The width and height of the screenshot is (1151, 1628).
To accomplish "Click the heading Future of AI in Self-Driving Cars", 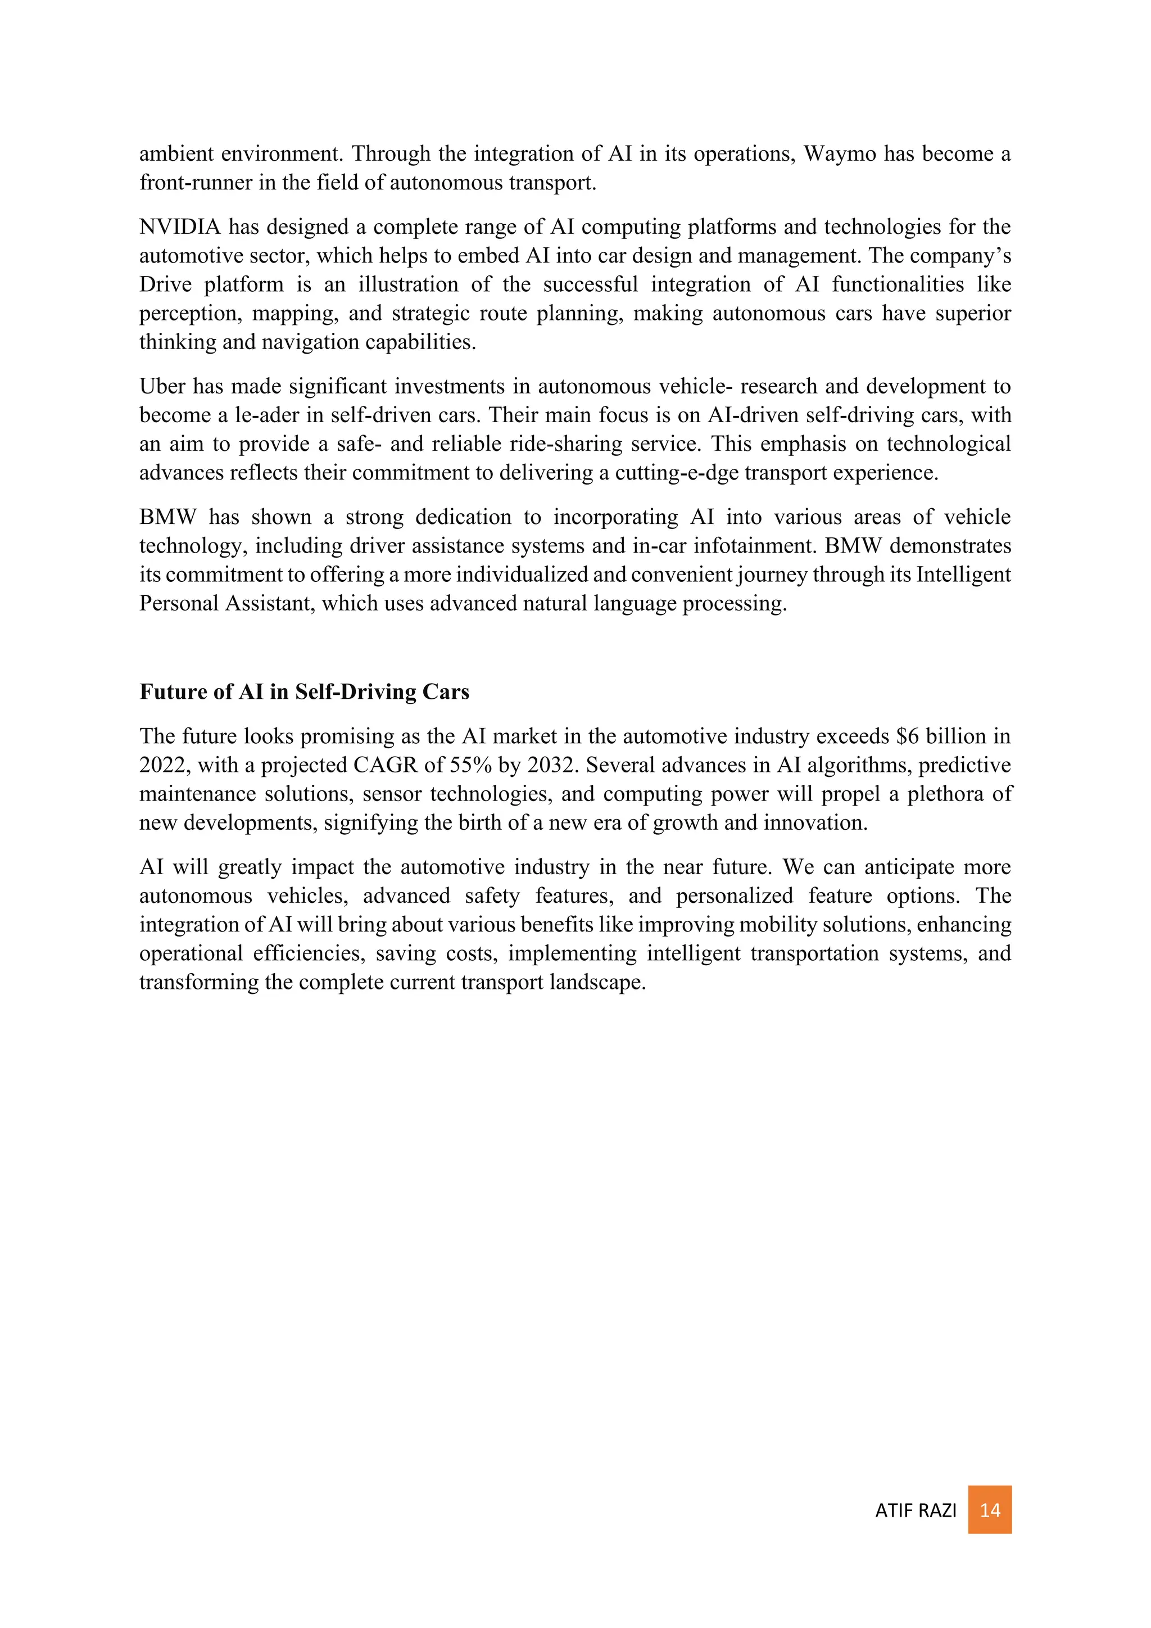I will coord(304,691).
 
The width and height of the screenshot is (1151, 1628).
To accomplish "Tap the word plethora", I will coord(944,793).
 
